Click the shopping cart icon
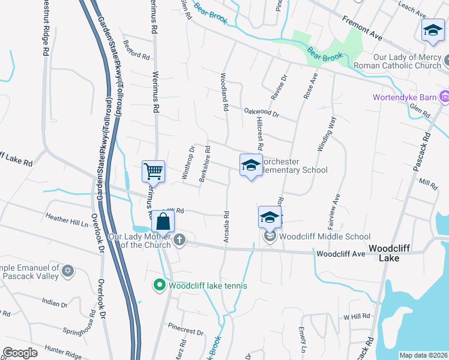(153, 172)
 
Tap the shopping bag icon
(163, 221)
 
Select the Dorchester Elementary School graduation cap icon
(250, 166)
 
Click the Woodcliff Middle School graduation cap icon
(270, 217)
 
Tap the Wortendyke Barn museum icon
(445, 97)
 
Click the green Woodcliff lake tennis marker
(160, 286)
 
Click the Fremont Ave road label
(363, 28)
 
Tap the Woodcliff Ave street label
(340, 254)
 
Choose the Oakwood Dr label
(262, 112)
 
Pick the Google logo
(20, 353)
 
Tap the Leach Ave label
(412, 8)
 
